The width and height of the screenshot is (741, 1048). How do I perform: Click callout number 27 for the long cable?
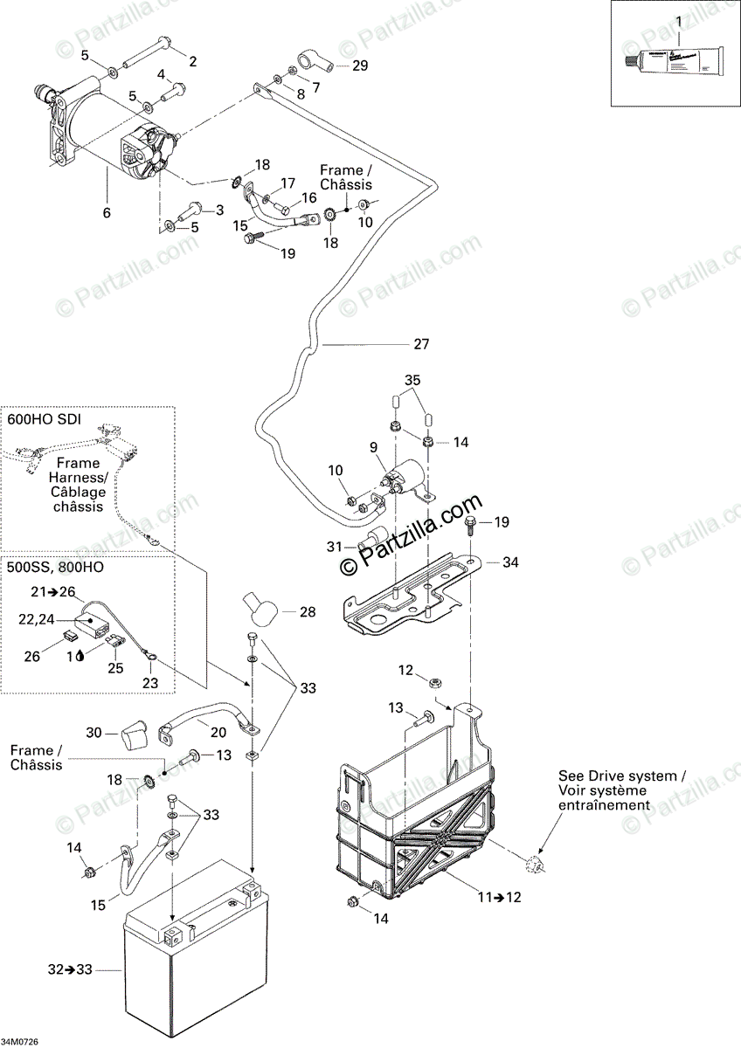pos(421,344)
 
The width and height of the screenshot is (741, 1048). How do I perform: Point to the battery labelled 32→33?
pos(192,969)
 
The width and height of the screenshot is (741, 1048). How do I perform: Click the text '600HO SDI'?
pos(44,419)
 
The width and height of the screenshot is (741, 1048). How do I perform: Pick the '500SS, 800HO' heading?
pos(51,565)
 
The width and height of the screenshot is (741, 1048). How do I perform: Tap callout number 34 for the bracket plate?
pos(509,562)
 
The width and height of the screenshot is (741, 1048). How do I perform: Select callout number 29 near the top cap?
pos(361,66)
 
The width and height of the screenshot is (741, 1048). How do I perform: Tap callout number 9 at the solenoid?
pos(373,447)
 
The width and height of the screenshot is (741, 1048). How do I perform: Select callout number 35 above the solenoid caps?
pos(412,380)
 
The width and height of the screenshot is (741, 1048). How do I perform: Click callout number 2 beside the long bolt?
pos(193,61)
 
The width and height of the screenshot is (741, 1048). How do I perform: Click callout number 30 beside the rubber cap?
pos(95,732)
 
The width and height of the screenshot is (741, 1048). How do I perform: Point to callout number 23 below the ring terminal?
pos(150,683)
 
